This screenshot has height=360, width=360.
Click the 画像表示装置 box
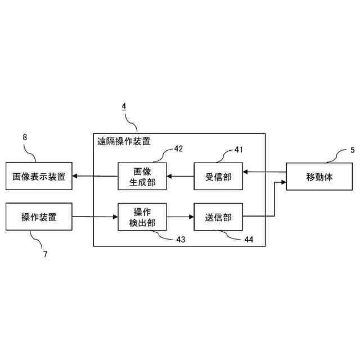click(39, 177)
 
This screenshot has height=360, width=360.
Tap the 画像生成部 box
click(142, 177)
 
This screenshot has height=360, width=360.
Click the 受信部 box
click(218, 177)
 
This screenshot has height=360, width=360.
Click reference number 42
click(178, 149)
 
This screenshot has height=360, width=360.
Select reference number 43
click(181, 240)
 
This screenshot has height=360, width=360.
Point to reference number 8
click(25, 137)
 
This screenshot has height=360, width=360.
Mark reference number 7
click(45, 254)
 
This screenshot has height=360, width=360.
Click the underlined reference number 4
click(124, 106)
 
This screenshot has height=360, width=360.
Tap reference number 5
click(353, 150)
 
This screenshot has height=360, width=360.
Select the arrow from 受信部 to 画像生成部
click(181, 177)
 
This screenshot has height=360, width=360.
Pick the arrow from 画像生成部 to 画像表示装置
click(95, 177)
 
